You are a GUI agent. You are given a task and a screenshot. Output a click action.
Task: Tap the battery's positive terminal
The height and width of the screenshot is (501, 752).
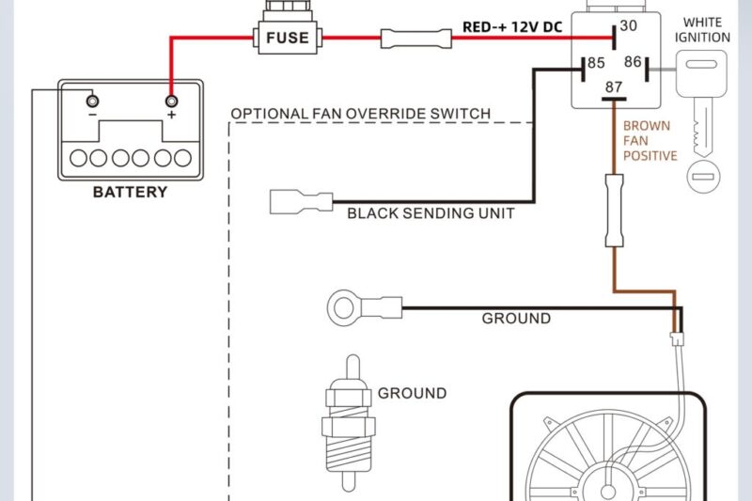[171, 101]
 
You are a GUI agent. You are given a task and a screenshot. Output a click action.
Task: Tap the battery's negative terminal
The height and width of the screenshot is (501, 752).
[91, 101]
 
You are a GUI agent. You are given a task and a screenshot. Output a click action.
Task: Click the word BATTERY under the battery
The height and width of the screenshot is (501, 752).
[130, 193]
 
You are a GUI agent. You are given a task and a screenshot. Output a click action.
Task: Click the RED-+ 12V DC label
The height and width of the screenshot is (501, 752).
[512, 27]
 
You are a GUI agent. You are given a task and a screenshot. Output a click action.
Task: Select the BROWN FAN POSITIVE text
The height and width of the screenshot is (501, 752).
[650, 140]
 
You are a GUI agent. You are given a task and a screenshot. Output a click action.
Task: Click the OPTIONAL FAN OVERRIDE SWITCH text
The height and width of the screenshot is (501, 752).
[360, 114]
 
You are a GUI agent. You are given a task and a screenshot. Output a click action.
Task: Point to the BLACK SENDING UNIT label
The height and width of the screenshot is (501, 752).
[431, 213]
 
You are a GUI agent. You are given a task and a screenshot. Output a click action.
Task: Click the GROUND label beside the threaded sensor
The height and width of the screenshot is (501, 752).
[412, 394]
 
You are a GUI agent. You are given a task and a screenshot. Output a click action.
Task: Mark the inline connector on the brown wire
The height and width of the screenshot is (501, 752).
[613, 211]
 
